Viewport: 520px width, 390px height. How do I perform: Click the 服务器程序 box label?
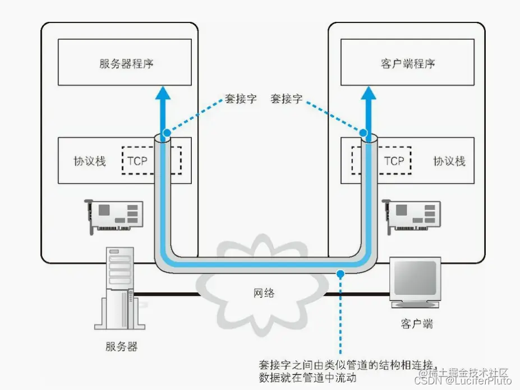pyautogui.click(x=126, y=63)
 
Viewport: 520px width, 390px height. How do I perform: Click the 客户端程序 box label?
pyautogui.click(x=407, y=63)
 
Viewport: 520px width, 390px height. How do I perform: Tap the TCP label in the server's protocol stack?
pyautogui.click(x=137, y=161)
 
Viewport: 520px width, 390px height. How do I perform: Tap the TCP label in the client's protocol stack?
pyautogui.click(x=394, y=161)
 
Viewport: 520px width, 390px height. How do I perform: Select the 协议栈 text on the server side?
pyautogui.click(x=90, y=161)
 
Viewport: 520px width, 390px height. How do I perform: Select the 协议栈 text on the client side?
pyautogui.click(x=449, y=161)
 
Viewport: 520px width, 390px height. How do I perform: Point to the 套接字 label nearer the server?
pyautogui.click(x=241, y=99)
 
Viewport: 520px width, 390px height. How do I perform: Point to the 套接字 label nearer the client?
pyautogui.click(x=286, y=99)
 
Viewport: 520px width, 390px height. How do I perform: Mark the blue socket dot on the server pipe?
pyautogui.click(x=165, y=134)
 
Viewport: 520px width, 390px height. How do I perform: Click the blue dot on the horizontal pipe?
pyautogui.click(x=339, y=273)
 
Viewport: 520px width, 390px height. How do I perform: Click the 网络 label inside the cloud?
pyautogui.click(x=263, y=292)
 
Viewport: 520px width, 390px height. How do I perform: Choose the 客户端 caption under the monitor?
pyautogui.click(x=416, y=324)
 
